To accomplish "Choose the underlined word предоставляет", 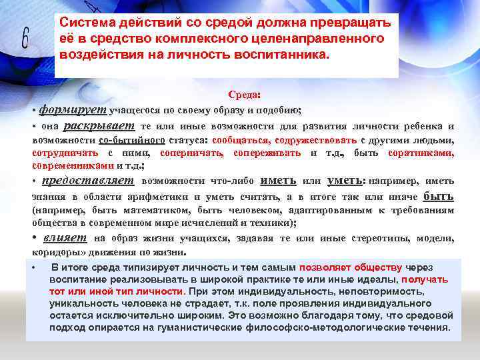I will pyautogui.click(x=88, y=181).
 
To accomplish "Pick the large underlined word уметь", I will pyautogui.click(x=346, y=181).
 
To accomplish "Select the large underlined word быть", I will pyautogui.click(x=439, y=196).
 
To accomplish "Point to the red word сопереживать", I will pyautogui.click(x=268, y=153).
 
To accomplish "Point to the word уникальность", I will pyautogui.click(x=82, y=303).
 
